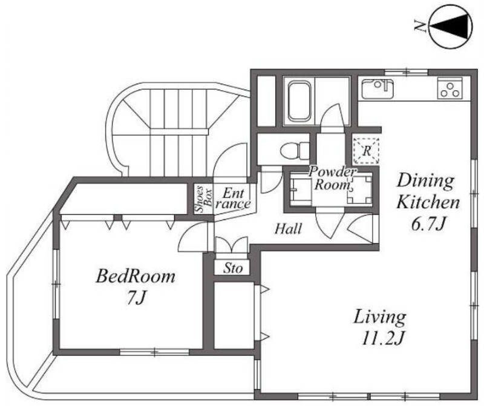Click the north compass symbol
[451, 27]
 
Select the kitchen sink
[378, 89]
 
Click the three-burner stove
[450, 88]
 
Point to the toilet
[295, 151]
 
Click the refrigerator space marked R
[367, 151]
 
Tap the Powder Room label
[332, 179]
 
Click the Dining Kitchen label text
[428, 191]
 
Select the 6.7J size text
[428, 224]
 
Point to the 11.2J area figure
[382, 339]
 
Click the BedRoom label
[135, 276]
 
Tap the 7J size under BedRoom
[136, 298]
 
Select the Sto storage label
[233, 268]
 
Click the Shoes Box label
[204, 199]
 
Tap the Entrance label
[235, 198]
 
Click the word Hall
[289, 229]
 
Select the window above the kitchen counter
[407, 73]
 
